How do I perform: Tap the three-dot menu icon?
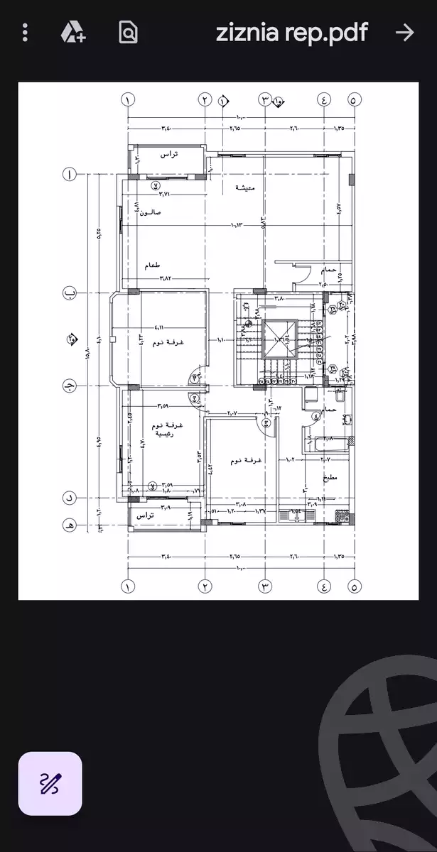coord(26,32)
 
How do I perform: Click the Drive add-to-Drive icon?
coord(72,32)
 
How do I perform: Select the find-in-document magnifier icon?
coord(128,32)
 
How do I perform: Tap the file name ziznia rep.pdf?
coord(291,32)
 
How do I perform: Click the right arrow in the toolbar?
coord(404,32)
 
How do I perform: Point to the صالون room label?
coord(151,212)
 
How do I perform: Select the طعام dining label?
coord(152,265)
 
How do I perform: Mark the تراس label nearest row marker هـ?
coord(146,516)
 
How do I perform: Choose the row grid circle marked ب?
coord(70,292)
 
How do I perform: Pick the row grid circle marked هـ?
coord(70,526)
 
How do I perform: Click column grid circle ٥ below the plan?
coord(355,586)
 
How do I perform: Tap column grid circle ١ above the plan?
coord(128,100)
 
